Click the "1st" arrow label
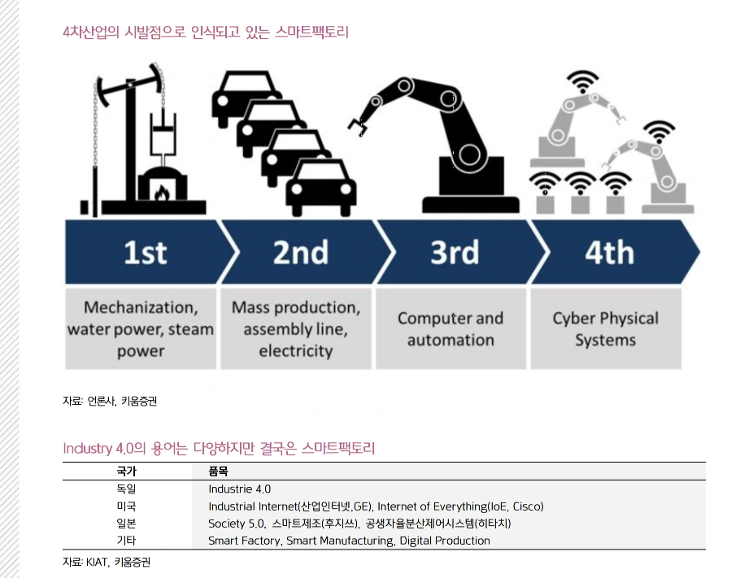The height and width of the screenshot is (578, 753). point(145,253)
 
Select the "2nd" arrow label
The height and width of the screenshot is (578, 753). point(300,253)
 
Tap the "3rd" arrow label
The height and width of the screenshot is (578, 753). point(454,253)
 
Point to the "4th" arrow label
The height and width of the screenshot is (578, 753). point(609,253)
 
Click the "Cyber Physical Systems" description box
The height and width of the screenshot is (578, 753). point(606,328)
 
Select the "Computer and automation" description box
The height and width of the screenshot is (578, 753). point(450,328)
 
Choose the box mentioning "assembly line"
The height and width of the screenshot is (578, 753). point(295,328)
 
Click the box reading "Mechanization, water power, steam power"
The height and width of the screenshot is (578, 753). point(141,328)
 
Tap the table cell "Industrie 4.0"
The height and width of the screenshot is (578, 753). point(239,489)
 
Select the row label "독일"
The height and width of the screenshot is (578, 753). point(126,489)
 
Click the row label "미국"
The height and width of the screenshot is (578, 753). point(126,506)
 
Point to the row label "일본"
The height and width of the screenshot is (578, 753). point(126,524)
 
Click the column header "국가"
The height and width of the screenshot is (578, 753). point(126,471)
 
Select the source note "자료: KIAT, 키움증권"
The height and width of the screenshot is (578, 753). point(107,562)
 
